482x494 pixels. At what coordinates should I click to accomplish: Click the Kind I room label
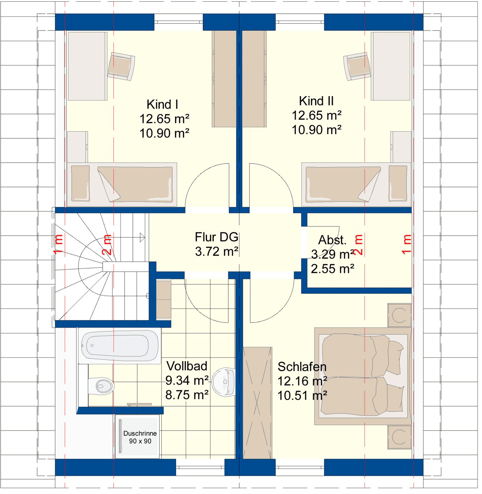click(162, 105)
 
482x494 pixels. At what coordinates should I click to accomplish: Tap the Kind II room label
click(316, 101)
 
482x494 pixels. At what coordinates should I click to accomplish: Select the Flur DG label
click(217, 237)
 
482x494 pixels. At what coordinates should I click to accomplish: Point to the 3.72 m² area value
click(217, 251)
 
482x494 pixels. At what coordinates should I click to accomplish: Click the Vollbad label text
click(187, 366)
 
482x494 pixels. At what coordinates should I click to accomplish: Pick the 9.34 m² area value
click(187, 380)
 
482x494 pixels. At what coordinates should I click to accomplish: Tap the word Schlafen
click(302, 367)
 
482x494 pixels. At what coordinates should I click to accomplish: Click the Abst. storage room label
click(332, 240)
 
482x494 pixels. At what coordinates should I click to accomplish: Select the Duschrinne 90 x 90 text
click(140, 437)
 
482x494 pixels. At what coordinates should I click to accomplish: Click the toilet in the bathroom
click(101, 386)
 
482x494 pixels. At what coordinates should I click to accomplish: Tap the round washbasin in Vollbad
click(223, 382)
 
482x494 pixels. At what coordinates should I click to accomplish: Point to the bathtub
click(119, 346)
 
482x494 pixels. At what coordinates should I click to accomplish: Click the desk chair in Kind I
click(121, 66)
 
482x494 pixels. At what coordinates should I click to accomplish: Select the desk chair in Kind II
click(357, 66)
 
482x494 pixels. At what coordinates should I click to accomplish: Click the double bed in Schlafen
click(363, 376)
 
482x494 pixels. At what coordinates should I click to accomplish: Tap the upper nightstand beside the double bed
click(399, 315)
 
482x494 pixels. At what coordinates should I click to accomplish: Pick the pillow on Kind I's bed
click(81, 183)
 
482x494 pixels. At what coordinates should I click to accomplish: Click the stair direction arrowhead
click(142, 238)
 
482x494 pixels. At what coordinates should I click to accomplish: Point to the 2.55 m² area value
click(332, 269)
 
